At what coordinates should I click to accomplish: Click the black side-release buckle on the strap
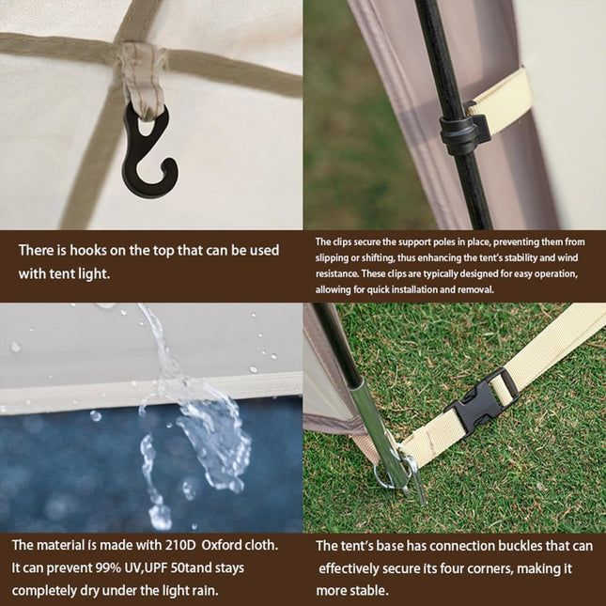coord(481,403)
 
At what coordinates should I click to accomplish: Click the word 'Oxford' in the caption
coord(222,545)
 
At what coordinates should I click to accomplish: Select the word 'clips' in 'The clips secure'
coord(340,242)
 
